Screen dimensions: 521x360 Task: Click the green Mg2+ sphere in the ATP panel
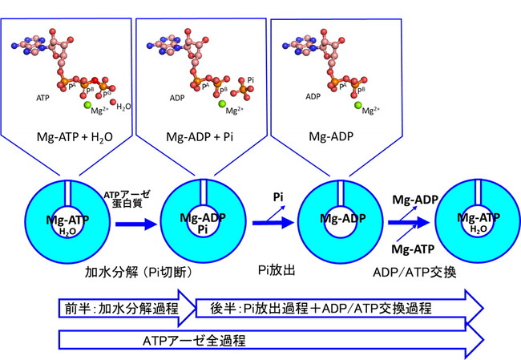pos(87,105)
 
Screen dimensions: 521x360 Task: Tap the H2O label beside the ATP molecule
pos(123,107)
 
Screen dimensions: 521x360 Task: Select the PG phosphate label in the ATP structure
pos(107,94)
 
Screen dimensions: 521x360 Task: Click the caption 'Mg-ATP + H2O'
pos(75,137)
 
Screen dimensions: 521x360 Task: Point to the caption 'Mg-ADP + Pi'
pos(200,136)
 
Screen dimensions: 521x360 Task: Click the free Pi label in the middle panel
pos(251,80)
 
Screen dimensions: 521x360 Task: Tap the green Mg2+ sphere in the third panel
pos(357,105)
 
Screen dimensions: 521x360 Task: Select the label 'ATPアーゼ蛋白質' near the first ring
pos(127,199)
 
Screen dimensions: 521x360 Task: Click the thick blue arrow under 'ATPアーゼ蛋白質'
pos(136,224)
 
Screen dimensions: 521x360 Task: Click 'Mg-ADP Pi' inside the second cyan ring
pos(203,224)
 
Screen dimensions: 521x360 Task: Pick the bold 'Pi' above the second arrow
pos(278,197)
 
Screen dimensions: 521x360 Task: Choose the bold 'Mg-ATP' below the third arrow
pos(413,249)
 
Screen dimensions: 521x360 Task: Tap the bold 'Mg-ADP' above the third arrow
pos(415,200)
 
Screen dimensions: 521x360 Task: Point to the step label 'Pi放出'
pos(277,270)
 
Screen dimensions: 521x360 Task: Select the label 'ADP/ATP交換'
pos(414,273)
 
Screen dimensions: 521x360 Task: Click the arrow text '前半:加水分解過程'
pos(122,309)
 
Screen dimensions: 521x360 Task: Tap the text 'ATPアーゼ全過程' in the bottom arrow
pos(195,341)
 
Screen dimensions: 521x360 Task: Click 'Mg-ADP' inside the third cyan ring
pos(342,218)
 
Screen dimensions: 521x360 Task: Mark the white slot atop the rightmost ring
pos(479,192)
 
